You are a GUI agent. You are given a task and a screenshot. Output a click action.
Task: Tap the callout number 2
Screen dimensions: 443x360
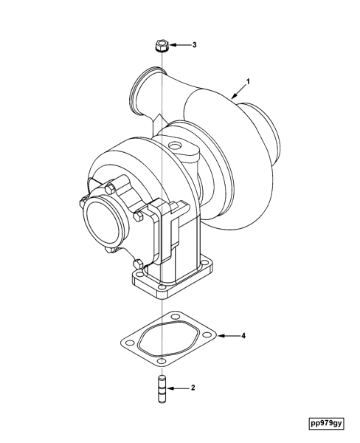[x=193, y=387]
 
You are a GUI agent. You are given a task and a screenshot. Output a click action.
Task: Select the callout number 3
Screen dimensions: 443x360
[x=194, y=45]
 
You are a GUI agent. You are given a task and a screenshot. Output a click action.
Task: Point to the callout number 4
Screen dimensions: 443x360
[x=243, y=336]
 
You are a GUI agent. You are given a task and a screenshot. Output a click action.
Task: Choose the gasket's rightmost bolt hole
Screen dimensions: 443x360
[x=209, y=338]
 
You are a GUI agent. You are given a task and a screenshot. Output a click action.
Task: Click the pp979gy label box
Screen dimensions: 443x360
[x=327, y=423]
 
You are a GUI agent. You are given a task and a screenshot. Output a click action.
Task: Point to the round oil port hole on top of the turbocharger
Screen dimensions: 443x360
[x=178, y=147]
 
